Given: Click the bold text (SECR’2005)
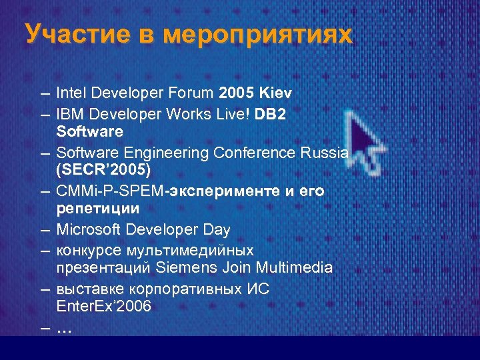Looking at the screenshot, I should pos(108,171).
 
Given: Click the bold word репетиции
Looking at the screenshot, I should pos(98,209).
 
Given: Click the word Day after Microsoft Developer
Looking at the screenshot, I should pos(217,230).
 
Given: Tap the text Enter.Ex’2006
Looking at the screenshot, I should pos(104,307).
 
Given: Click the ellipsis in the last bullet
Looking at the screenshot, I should pos(65,328).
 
